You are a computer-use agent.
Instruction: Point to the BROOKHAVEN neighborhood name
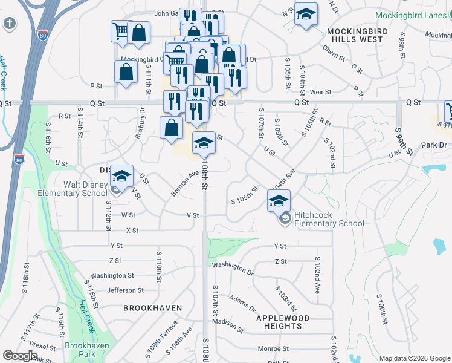pos(152,308)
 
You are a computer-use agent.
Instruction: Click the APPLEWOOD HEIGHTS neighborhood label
pos(282,322)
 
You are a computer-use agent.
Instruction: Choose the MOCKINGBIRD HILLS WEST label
pos(355,34)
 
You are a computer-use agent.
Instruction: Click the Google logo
pos(20,356)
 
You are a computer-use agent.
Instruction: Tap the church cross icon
pos(10,24)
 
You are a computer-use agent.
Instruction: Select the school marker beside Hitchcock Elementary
pos(279,201)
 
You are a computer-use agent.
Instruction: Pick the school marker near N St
pos(306,15)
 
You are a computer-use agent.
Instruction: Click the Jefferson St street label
pos(125,290)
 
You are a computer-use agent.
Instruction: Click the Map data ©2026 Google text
pos(414,358)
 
